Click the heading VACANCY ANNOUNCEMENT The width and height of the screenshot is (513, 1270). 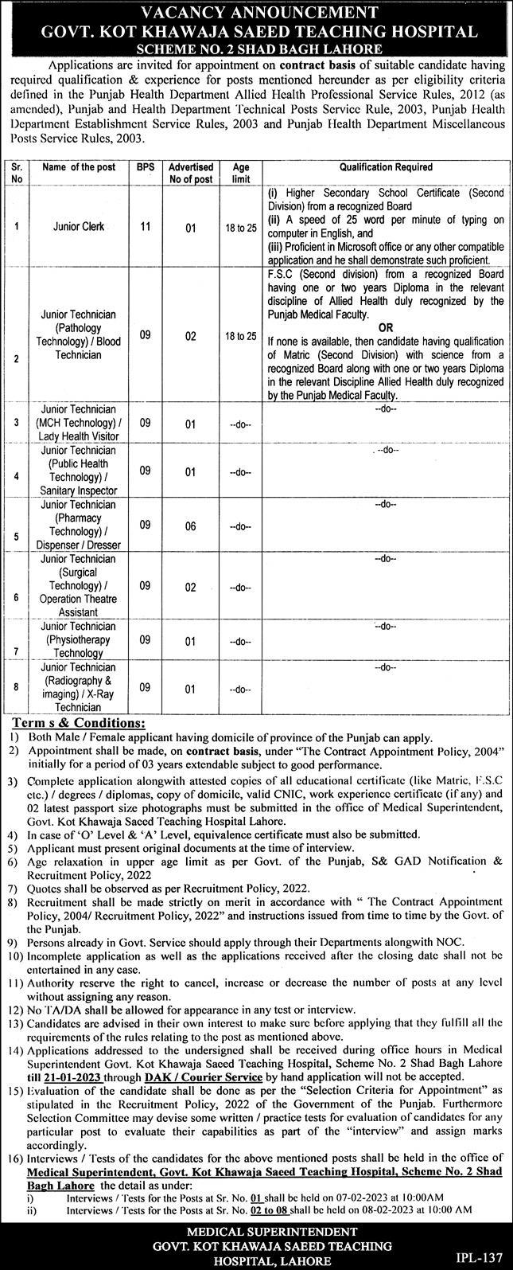tap(256, 11)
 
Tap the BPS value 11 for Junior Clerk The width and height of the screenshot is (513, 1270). tap(146, 226)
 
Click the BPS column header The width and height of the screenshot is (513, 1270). tap(146, 168)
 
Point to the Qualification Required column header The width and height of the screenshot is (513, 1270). tap(386, 168)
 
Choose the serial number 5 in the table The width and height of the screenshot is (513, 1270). tap(16, 536)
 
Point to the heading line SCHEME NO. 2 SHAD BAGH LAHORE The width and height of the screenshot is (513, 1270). tap(256, 49)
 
